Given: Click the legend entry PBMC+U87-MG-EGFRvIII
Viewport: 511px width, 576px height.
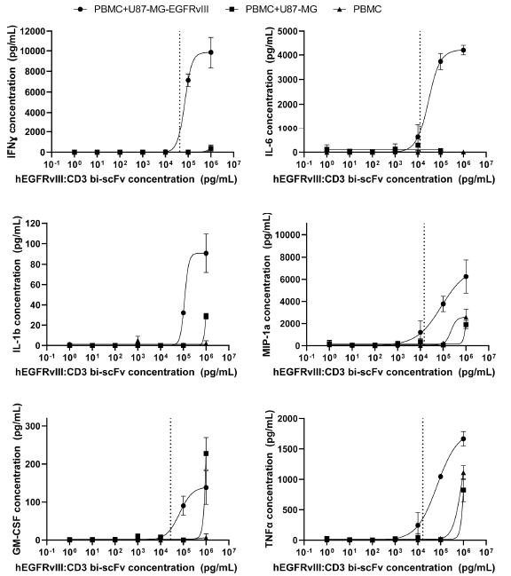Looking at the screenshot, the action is click(x=142, y=9).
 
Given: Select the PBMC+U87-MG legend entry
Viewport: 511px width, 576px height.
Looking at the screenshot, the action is click(x=271, y=9).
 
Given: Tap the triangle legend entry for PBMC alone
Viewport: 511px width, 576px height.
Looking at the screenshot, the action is click(x=358, y=9).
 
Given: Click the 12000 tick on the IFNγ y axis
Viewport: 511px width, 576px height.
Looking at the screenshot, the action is click(x=32, y=31).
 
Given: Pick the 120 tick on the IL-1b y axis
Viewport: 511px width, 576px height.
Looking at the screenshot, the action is click(x=34, y=224).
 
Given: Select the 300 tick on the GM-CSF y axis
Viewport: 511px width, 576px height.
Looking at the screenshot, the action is click(x=34, y=426).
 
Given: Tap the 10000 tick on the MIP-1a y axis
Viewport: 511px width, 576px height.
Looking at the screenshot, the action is click(x=287, y=234).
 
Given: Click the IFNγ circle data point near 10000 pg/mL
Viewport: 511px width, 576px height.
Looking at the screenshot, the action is click(x=211, y=52).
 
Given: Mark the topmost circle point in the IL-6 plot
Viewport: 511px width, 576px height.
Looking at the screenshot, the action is click(x=463, y=50).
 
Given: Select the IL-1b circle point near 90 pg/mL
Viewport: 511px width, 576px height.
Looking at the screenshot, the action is click(x=206, y=253).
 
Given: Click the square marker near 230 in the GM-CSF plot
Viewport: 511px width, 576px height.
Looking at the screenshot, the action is click(x=206, y=454).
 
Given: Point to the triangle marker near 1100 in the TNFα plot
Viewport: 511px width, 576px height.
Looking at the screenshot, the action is click(x=463, y=473).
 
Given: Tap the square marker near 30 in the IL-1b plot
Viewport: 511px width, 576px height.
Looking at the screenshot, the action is click(x=206, y=316).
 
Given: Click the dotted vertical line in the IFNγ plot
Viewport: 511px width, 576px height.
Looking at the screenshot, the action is click(x=179, y=91).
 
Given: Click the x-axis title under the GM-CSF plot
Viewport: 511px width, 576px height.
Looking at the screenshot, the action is click(x=126, y=567).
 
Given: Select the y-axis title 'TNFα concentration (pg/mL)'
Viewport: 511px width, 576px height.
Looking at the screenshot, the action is click(x=270, y=479).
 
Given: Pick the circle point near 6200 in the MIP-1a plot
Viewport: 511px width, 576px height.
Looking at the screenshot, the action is click(x=467, y=276).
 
